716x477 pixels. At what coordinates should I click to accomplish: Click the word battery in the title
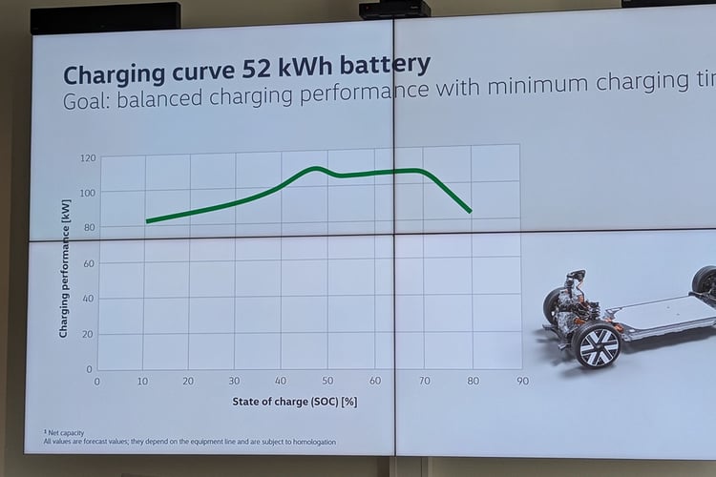379,66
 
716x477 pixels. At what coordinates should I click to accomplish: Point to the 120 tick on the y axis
88,157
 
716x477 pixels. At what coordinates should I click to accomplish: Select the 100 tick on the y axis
88,193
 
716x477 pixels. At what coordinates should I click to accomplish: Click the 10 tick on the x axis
142,382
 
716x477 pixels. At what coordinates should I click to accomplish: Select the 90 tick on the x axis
522,382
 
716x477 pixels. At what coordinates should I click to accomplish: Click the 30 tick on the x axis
234,382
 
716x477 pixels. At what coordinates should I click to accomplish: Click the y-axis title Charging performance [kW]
64,276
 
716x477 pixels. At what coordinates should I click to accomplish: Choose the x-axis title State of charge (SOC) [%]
294,402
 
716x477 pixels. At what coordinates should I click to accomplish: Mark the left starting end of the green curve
147,221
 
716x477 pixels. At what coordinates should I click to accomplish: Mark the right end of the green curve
470,211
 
